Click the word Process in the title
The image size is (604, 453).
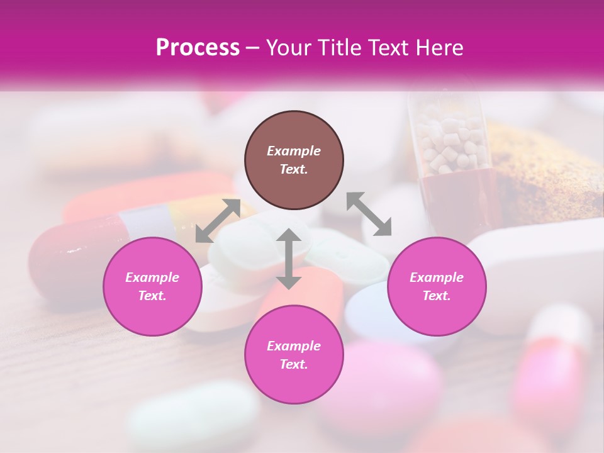(198, 48)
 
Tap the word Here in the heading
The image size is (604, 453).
(439, 48)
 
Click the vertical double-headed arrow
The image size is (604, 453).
(288, 259)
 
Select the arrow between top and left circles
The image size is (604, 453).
(218, 220)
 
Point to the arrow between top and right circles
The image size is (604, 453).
(369, 214)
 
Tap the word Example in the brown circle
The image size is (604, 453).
(294, 151)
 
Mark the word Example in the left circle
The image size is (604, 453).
(152, 277)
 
